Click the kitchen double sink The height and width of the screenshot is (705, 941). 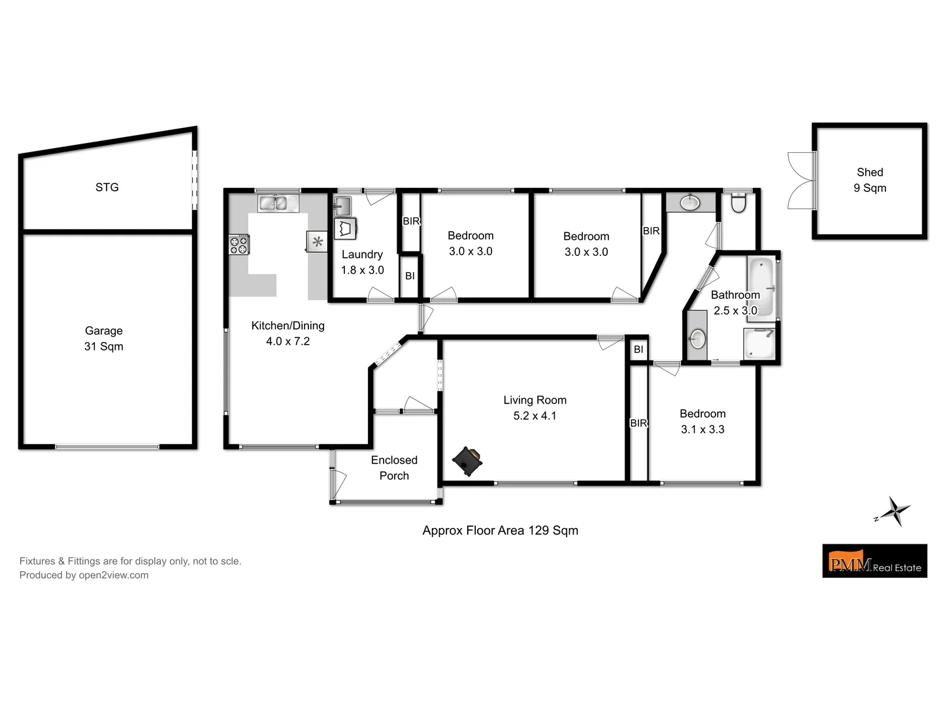point(278,204)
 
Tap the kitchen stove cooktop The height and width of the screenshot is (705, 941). point(239,244)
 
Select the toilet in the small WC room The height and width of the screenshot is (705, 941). point(738,204)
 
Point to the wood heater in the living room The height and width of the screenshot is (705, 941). point(467,461)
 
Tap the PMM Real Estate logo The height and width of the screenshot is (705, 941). point(874,561)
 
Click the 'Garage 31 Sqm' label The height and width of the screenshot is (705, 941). point(104,339)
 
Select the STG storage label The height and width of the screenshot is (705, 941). point(107,187)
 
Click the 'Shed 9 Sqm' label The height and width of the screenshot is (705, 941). point(870,180)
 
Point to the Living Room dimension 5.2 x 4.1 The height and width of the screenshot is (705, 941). point(535,416)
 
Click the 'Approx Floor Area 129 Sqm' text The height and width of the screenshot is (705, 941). point(500,531)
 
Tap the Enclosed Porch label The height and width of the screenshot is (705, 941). point(394,468)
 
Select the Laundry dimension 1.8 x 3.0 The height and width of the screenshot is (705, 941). point(362,270)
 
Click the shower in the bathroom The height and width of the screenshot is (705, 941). point(759,344)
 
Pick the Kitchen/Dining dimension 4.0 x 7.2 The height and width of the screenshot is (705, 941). point(288,341)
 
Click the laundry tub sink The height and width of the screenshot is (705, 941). point(342,207)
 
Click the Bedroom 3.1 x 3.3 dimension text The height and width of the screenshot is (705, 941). point(702,430)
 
